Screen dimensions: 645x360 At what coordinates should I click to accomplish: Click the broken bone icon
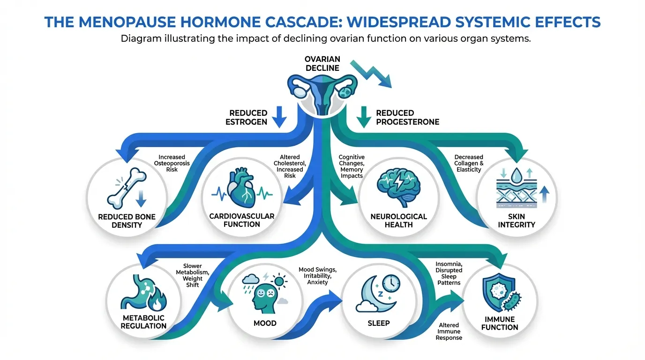[127, 188]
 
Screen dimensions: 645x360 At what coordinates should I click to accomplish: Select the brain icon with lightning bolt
[398, 187]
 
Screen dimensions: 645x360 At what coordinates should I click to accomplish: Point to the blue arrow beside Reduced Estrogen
[279, 117]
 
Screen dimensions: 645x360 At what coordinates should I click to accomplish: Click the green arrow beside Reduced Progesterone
[364, 117]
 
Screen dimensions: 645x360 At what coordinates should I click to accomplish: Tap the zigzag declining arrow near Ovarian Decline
[371, 74]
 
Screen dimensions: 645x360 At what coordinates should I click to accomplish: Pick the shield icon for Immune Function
[499, 292]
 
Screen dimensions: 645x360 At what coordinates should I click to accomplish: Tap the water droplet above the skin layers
[517, 174]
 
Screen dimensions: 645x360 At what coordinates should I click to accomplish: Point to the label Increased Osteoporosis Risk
[172, 163]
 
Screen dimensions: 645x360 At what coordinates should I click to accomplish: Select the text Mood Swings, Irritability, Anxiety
[317, 276]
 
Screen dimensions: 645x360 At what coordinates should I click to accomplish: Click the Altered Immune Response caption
[449, 331]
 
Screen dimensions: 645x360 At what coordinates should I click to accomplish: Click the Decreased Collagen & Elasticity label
[469, 163]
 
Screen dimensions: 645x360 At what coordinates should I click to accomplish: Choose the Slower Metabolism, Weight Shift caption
[192, 275]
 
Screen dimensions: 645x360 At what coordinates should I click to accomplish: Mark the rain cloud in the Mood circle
[250, 281]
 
